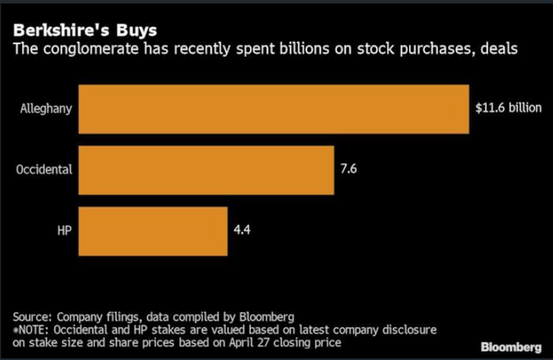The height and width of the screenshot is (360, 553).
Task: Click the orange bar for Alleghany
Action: pos(274,109)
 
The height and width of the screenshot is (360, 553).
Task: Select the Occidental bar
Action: pos(206,169)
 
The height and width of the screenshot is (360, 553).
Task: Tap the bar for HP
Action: pos(153,230)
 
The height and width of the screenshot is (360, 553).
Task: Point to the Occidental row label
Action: pos(44,169)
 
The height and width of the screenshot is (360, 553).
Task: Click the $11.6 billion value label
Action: pos(508,109)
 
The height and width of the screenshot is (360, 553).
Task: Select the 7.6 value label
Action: pos(349,169)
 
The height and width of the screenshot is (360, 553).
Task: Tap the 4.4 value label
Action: pos(242,230)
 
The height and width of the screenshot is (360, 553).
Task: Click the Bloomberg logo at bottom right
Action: pos(511,346)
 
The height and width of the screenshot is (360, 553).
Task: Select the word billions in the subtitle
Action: pos(282,51)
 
